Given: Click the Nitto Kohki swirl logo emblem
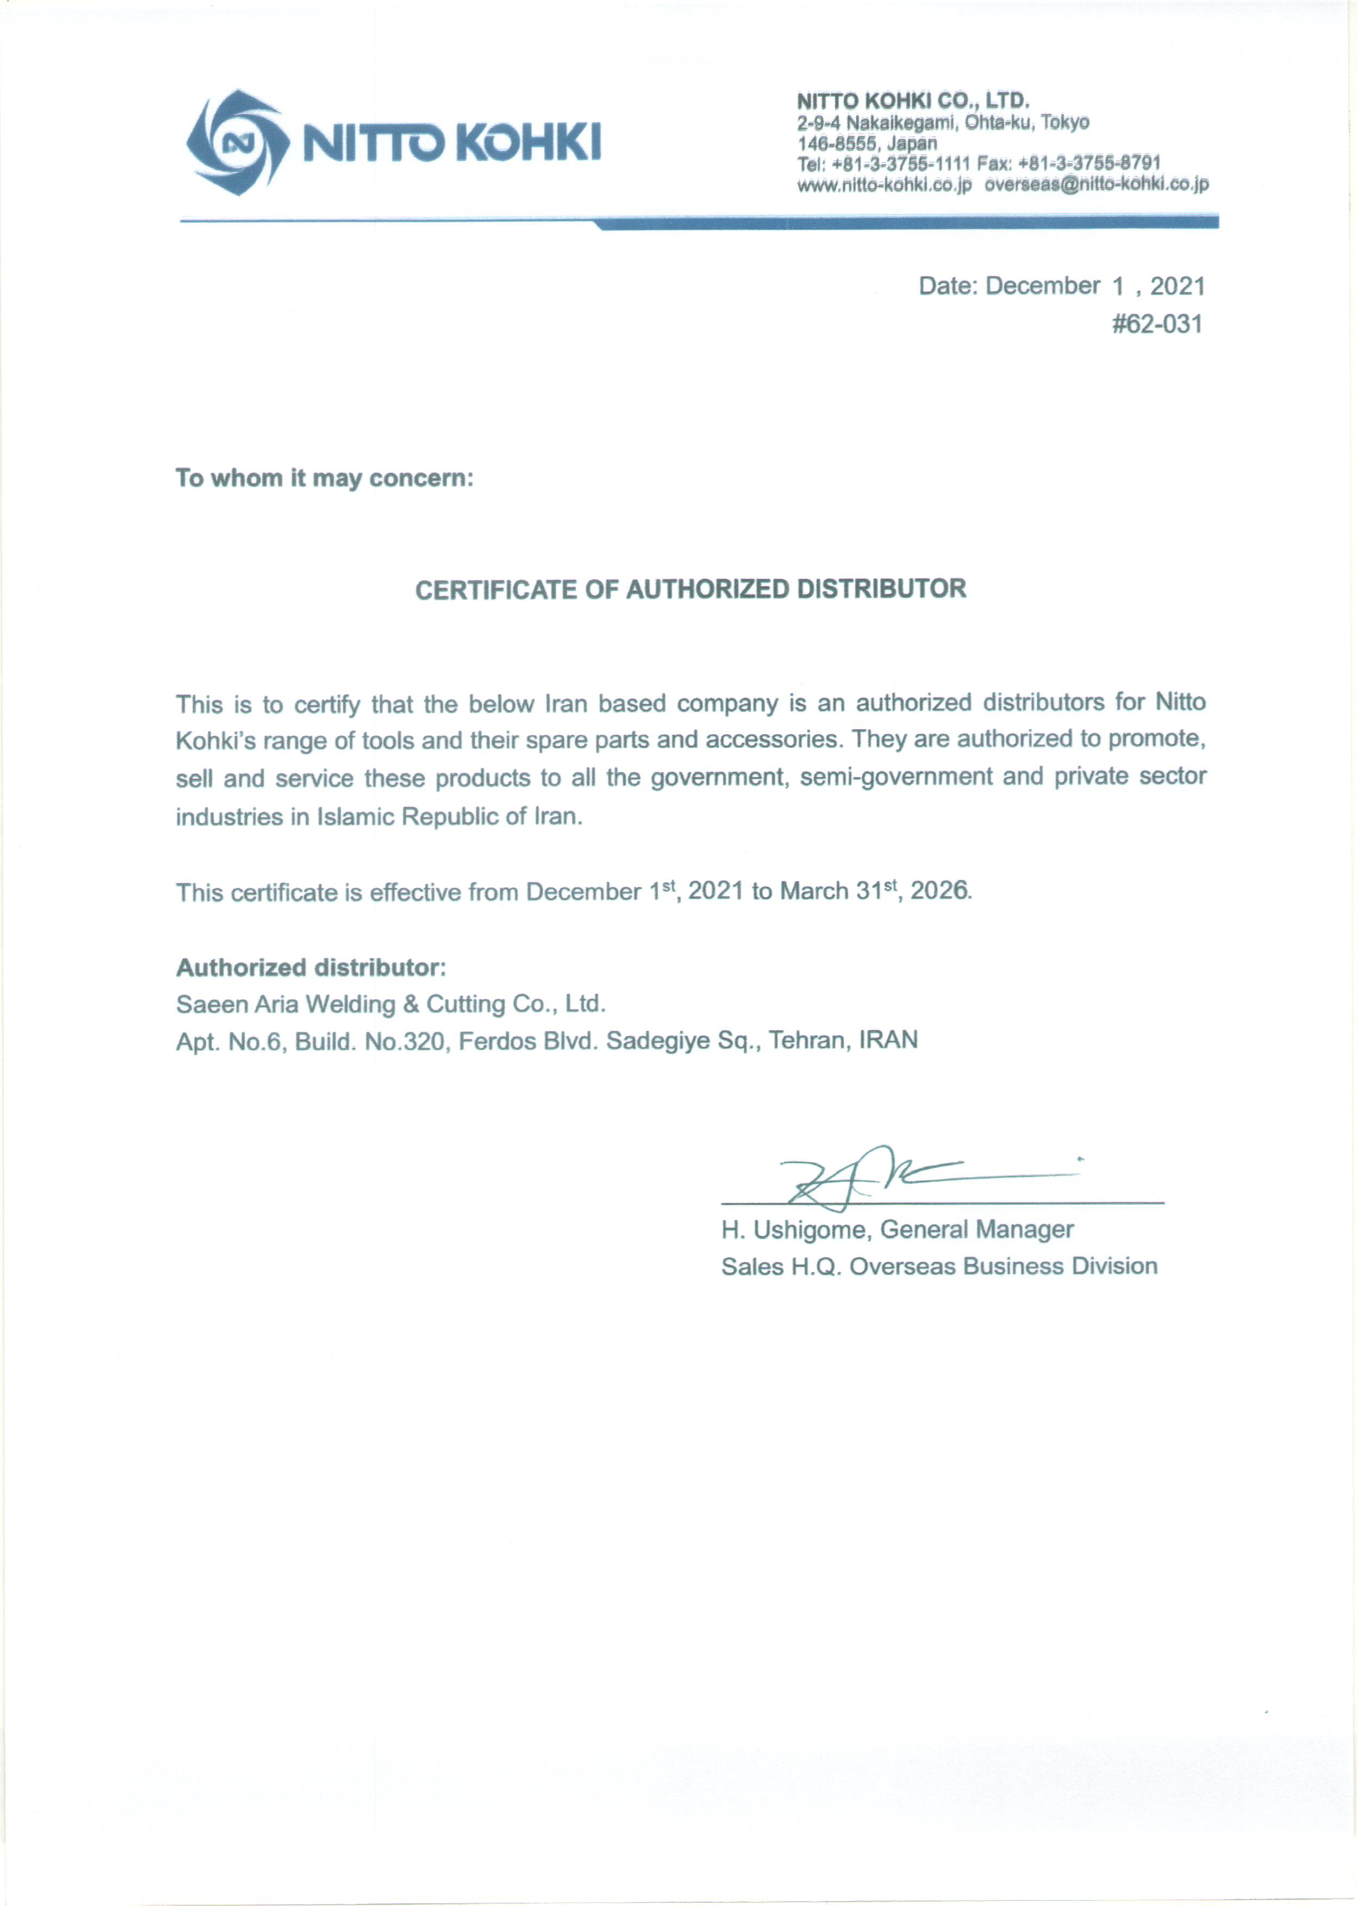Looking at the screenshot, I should (x=235, y=142).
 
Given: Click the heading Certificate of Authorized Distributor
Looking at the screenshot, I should (x=690, y=589).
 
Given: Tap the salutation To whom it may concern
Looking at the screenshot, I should (x=324, y=478).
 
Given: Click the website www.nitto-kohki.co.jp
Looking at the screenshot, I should (x=884, y=185).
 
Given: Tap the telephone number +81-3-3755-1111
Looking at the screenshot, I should (x=901, y=164).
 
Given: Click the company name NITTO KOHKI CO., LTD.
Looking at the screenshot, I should (x=912, y=101).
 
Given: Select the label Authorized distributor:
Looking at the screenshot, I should (x=311, y=967).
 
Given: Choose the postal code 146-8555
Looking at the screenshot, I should (x=837, y=143).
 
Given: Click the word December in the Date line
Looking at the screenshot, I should (x=1043, y=286).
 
